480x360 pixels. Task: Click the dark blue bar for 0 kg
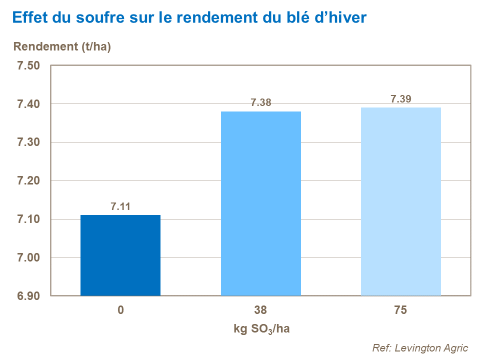120,255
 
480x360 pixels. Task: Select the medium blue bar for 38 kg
260,203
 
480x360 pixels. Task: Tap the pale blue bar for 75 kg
400,201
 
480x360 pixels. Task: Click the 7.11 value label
120,206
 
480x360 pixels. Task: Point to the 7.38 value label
260,103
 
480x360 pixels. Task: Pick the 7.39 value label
400,99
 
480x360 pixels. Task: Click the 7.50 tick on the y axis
28,66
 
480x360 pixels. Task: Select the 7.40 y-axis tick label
28,104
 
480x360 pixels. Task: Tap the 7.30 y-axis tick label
28,143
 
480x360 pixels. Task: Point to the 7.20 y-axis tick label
28,181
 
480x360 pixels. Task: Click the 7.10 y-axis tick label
28,219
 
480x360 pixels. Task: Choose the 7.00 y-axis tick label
28,258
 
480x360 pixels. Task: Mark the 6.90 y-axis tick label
28,296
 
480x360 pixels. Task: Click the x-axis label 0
120,310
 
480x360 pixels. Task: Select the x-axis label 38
260,310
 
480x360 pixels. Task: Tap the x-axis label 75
400,310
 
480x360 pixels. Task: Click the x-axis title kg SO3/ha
260,329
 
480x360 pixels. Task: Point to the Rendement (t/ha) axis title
62,47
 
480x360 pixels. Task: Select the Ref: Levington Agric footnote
420,348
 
